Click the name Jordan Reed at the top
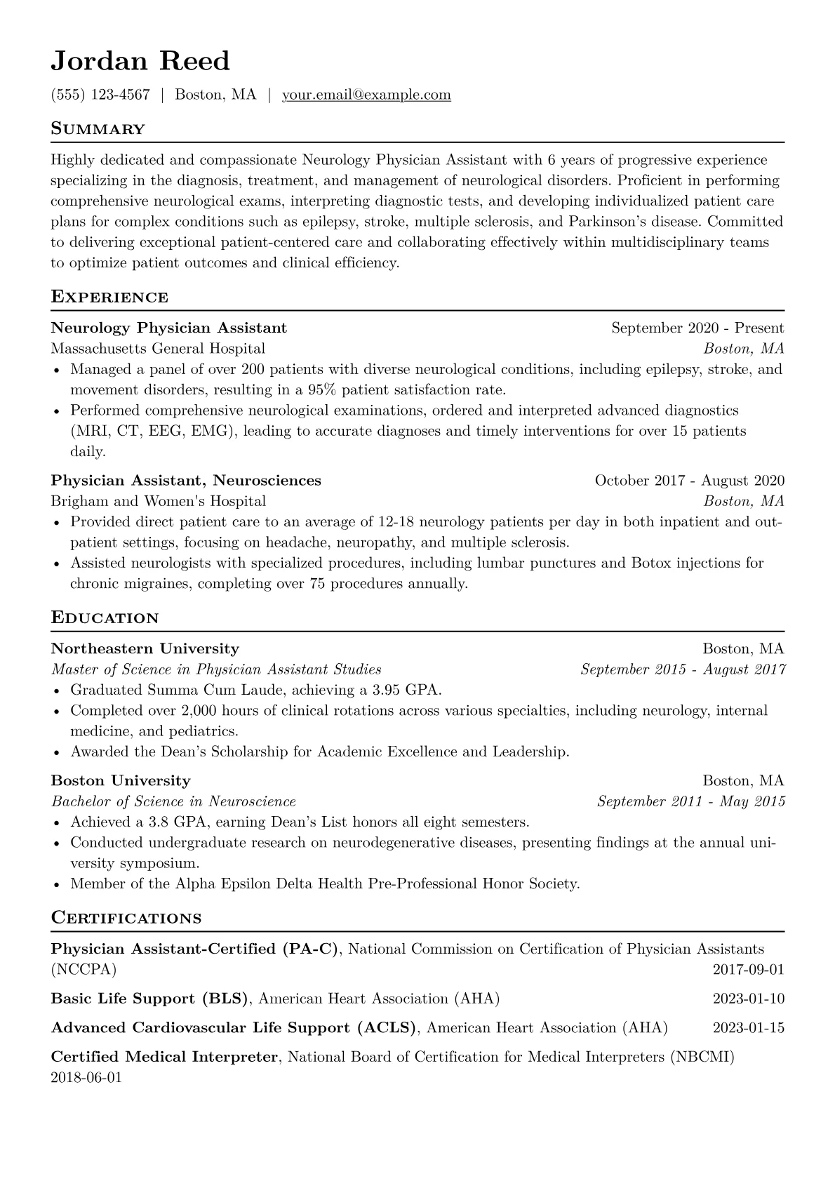(140, 62)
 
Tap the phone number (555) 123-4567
(100, 95)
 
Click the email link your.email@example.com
(366, 95)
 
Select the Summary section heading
(98, 129)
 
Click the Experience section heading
(109, 297)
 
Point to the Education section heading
(105, 618)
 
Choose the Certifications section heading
(126, 918)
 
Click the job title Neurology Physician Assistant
(169, 328)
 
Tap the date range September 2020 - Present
(697, 328)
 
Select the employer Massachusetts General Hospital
(158, 349)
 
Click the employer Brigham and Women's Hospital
(159, 501)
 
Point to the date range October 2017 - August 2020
(689, 481)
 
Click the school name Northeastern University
(145, 648)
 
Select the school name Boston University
(121, 781)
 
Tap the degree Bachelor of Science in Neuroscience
(174, 801)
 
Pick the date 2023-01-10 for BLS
(748, 999)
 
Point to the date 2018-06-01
(86, 1077)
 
